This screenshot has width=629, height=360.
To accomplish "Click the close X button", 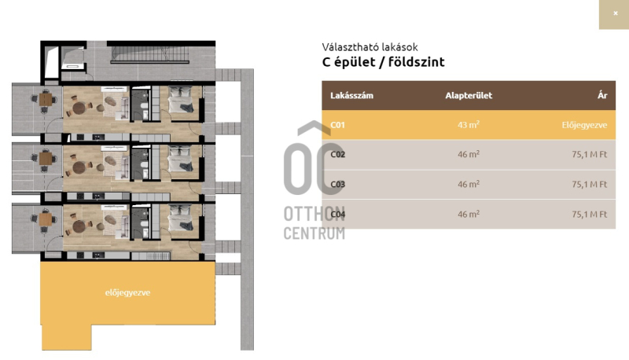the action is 615,13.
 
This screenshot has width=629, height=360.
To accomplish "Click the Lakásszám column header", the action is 351,95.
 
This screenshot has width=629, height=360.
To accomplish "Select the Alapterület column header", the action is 469,95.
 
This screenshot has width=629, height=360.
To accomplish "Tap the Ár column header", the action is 602,95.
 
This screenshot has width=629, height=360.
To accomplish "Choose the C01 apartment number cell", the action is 337,125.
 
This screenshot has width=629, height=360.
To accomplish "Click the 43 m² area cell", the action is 469,125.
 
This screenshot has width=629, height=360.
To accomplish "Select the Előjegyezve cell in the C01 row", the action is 584,125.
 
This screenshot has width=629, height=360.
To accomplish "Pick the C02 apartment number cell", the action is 337,154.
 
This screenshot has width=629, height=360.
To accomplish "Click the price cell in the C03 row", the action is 589,185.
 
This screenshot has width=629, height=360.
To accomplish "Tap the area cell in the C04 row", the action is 469,214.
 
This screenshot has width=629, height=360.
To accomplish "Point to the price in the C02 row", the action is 589,154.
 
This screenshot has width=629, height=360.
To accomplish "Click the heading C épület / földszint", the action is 383,62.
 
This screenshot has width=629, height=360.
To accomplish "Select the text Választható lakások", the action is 370,47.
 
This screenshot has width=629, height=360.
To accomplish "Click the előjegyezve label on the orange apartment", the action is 127,292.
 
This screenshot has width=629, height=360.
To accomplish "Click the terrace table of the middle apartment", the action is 46,158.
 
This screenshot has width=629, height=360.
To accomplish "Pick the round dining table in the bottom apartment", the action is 79,226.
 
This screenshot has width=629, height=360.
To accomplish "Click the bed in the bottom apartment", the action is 181,218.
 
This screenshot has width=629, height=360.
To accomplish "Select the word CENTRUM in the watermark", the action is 314,233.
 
